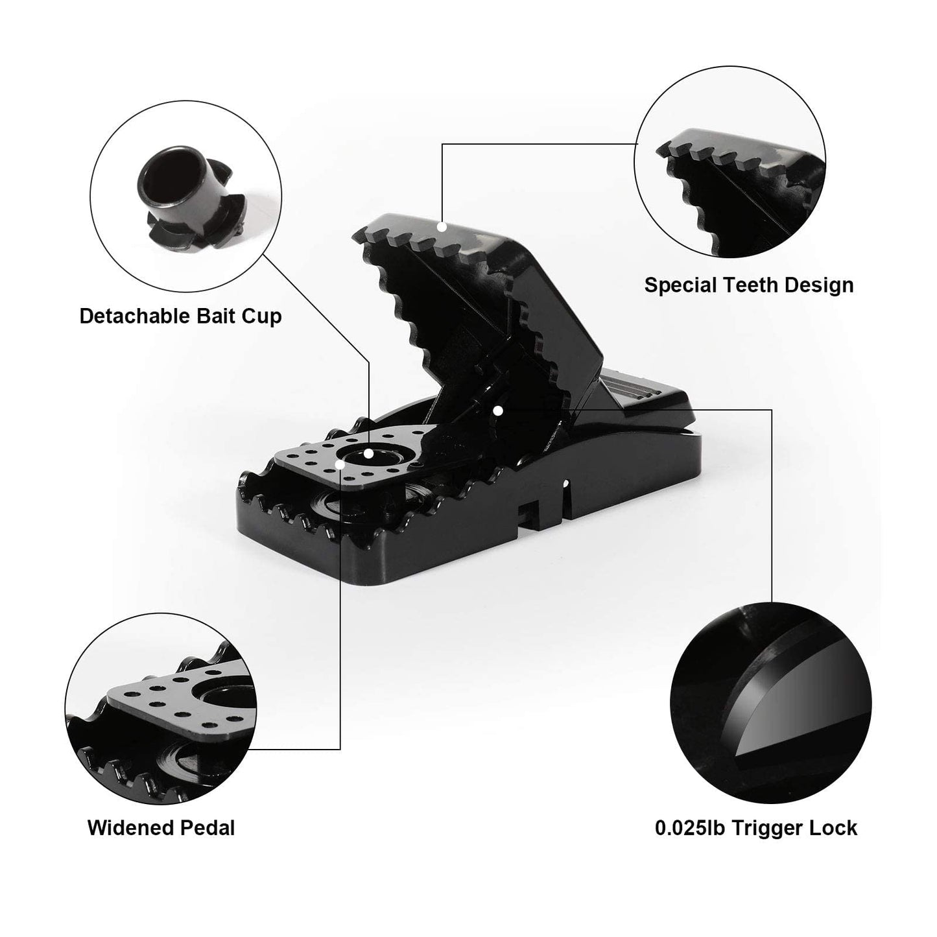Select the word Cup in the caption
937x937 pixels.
[x=263, y=317]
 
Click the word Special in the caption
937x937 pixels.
[x=680, y=285]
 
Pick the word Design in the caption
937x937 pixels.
[x=820, y=285]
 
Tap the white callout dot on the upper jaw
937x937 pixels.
[x=442, y=226]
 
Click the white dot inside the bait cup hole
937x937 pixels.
[x=368, y=453]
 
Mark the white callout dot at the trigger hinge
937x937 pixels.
[x=497, y=411]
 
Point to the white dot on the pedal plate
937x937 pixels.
[x=340, y=464]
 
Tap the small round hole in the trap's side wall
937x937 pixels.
[x=565, y=484]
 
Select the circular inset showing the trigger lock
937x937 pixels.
[x=770, y=703]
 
